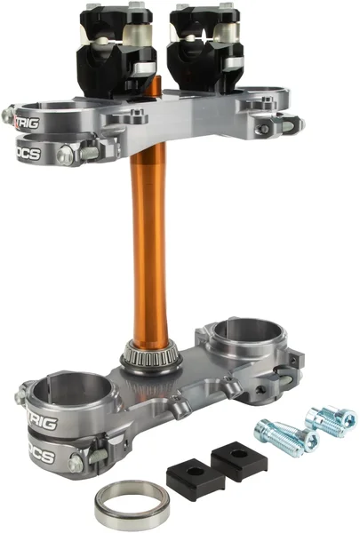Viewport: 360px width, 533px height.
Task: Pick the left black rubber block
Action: click(189, 479)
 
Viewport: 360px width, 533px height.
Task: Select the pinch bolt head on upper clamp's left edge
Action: click(9, 115)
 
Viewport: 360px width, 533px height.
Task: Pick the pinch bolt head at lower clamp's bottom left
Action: click(77, 464)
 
